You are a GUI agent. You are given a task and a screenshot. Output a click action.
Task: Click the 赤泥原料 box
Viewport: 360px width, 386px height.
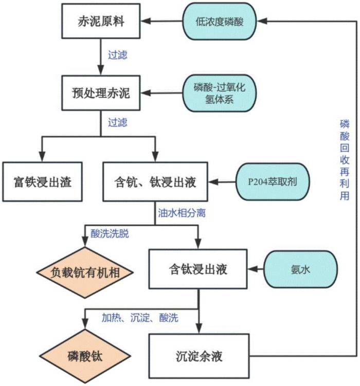coord(101,21)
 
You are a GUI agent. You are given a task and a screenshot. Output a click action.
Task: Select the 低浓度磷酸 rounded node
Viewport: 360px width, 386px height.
coord(220,22)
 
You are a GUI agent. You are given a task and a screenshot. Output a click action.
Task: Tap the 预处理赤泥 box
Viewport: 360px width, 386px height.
coord(101,93)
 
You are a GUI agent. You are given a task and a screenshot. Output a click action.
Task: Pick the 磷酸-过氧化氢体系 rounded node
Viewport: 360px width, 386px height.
coord(220,93)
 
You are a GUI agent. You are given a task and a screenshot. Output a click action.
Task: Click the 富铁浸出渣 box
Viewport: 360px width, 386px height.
coord(42,181)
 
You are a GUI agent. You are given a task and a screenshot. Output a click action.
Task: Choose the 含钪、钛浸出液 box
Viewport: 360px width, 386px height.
coord(155,181)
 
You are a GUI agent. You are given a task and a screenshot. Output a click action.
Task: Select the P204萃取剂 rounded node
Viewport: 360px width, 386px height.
coord(273,181)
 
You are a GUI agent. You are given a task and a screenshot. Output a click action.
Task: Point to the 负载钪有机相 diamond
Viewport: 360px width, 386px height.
coord(85,272)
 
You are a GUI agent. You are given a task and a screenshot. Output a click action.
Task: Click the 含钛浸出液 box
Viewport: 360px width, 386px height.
coord(198,269)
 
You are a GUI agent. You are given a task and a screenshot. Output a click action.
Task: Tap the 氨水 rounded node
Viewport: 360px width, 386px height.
coord(300,269)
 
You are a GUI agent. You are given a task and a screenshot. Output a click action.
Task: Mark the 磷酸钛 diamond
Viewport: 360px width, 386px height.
coord(85,356)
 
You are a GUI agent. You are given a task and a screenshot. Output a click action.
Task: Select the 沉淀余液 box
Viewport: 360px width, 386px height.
coord(199,356)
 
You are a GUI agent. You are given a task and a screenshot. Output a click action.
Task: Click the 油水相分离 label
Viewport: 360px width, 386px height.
coord(182,213)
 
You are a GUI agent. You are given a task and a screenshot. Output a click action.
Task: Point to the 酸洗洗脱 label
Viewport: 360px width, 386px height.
coord(110,234)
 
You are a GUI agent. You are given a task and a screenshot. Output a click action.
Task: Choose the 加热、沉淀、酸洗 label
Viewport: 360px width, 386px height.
coord(140,318)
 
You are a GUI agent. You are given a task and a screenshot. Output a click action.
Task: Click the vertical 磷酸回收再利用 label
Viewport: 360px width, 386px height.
coord(345,160)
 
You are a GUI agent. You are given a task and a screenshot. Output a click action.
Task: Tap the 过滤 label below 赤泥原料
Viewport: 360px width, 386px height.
coord(118,55)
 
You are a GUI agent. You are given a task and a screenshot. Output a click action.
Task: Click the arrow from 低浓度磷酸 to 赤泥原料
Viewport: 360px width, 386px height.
coord(161,21)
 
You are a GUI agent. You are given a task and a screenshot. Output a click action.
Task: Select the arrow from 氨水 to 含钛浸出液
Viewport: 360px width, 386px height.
coord(256,269)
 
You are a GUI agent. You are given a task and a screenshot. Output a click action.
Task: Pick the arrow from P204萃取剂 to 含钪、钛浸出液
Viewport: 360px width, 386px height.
coord(222,182)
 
